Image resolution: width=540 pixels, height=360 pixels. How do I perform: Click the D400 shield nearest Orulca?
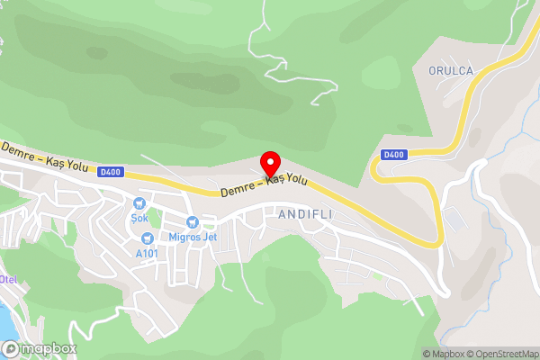coord(393,155)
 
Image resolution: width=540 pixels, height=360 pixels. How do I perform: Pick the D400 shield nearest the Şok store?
coord(111,171)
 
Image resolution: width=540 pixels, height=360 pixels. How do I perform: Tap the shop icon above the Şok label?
coord(139,204)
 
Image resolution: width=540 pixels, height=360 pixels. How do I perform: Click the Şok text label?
coord(139,219)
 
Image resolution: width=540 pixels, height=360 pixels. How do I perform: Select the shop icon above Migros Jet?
coord(192,222)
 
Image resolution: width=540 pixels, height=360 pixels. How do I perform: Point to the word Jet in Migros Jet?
coord(210,238)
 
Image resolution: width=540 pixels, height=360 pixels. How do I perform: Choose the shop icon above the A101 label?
coord(147,238)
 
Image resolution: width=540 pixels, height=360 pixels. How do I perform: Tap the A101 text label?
coord(147,253)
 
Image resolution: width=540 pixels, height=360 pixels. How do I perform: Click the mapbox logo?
coord(40,348)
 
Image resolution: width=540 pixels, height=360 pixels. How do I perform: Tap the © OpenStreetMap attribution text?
coord(501,354)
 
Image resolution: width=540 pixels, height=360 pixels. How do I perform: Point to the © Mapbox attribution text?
coord(443,354)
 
